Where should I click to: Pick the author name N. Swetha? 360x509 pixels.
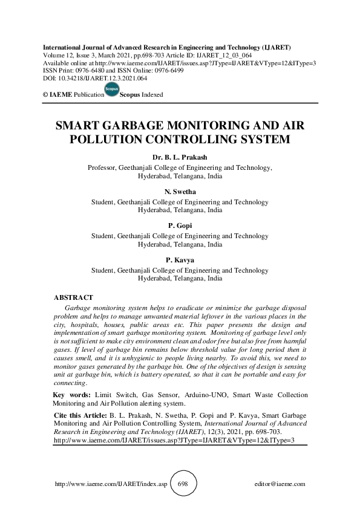click(x=180, y=192)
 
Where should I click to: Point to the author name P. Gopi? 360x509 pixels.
click(x=180, y=225)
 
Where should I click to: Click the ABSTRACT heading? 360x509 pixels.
click(x=73, y=297)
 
